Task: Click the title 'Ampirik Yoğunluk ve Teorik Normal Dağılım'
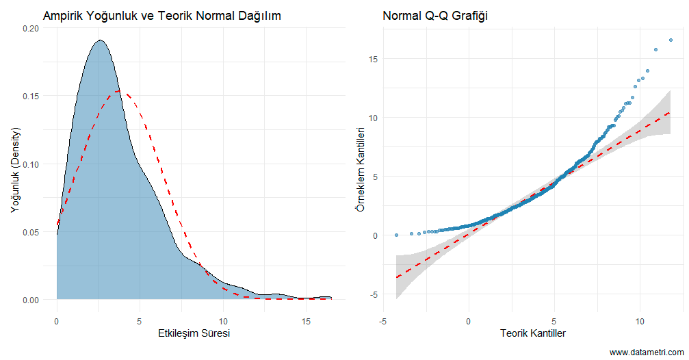tap(161, 15)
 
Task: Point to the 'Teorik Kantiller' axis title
tap(532, 333)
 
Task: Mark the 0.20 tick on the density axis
tap(31, 29)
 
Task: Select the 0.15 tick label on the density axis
tap(31, 97)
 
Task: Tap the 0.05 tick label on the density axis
tap(31, 232)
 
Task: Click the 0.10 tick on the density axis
tap(31, 164)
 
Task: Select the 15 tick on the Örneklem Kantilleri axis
tap(374, 59)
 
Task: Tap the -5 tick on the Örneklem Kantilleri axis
tap(375, 294)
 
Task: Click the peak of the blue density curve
tap(101, 40)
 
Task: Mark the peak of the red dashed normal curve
tap(120, 91)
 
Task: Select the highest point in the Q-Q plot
tap(671, 40)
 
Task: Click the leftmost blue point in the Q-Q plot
tap(396, 235)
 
